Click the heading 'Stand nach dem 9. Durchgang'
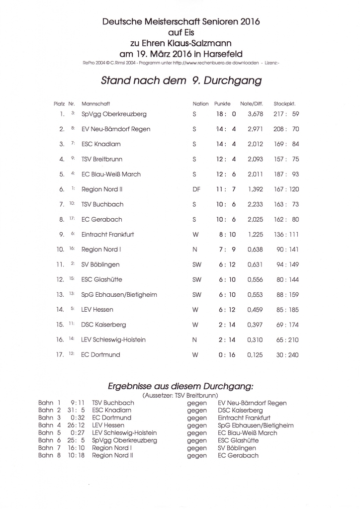pos(181,80)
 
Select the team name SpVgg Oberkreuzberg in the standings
pos(114,114)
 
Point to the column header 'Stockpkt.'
pos(285,104)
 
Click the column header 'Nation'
pos(201,104)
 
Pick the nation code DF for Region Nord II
pos(196,189)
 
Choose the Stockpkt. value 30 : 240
pos(287,355)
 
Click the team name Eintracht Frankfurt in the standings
pos(107,234)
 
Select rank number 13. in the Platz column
pos(60,295)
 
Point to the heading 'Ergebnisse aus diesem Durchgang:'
pos(180,386)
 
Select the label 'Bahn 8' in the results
pos(49,455)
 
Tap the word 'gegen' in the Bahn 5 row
pos(197,433)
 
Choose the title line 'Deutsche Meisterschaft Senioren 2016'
pos(181,22)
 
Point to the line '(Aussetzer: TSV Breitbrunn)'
pos(181,395)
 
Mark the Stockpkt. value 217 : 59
pos(287,114)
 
